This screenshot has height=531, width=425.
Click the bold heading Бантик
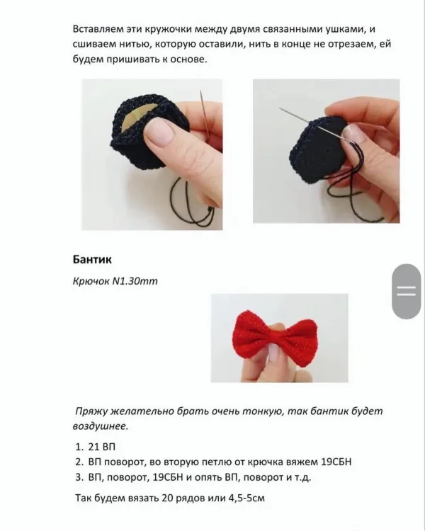click(92, 260)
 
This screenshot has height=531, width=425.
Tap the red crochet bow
click(276, 338)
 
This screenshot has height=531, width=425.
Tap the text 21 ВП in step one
click(102, 447)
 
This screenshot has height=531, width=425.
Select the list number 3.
click(79, 477)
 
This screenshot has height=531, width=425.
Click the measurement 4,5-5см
click(246, 498)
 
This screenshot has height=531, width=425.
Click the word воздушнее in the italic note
click(101, 426)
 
